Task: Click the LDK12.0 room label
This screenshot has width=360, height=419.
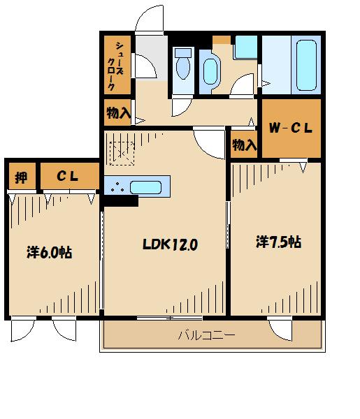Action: point(170,244)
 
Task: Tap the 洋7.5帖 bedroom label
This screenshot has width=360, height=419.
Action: point(278,242)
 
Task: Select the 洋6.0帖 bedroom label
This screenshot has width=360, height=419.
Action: point(50,252)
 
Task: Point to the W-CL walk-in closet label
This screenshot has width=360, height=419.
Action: point(291,128)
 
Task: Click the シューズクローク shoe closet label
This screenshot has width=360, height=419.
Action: point(115,66)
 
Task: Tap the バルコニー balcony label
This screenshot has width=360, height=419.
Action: point(207,335)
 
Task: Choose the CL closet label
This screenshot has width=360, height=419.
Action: point(67,176)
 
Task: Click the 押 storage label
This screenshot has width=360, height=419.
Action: point(21,177)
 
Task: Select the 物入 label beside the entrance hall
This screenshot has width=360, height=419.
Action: point(118,112)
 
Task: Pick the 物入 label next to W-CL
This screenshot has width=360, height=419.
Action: point(245,145)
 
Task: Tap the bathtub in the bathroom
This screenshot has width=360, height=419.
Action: point(306,65)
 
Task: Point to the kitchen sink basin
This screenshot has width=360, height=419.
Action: point(146,187)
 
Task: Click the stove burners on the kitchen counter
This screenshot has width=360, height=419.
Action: point(117,186)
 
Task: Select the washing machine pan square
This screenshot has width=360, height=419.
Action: point(246,47)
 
